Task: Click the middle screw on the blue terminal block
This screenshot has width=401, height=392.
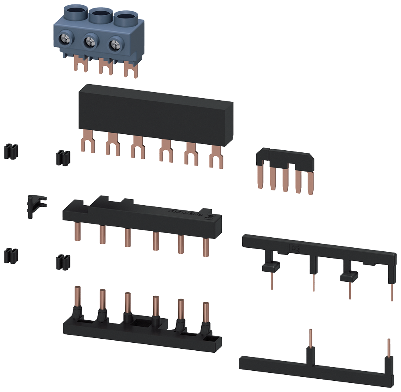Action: pyautogui.click(x=91, y=42)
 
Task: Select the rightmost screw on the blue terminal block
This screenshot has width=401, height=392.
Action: pyautogui.click(x=115, y=43)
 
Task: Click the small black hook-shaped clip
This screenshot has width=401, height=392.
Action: pyautogui.click(x=34, y=204)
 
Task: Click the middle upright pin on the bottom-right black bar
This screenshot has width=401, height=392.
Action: pyautogui.click(x=310, y=339)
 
